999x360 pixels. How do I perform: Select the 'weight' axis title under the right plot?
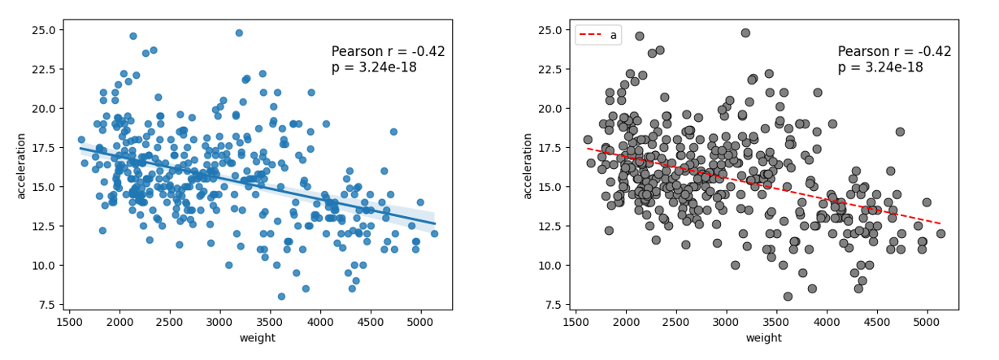(x=764, y=338)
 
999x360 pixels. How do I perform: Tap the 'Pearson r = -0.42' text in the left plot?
(x=388, y=52)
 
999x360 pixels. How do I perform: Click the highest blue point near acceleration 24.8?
(x=239, y=33)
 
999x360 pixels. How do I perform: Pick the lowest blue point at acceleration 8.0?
(x=281, y=297)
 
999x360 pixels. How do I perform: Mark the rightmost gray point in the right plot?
(x=940, y=233)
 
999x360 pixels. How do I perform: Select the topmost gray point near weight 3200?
(x=745, y=33)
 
